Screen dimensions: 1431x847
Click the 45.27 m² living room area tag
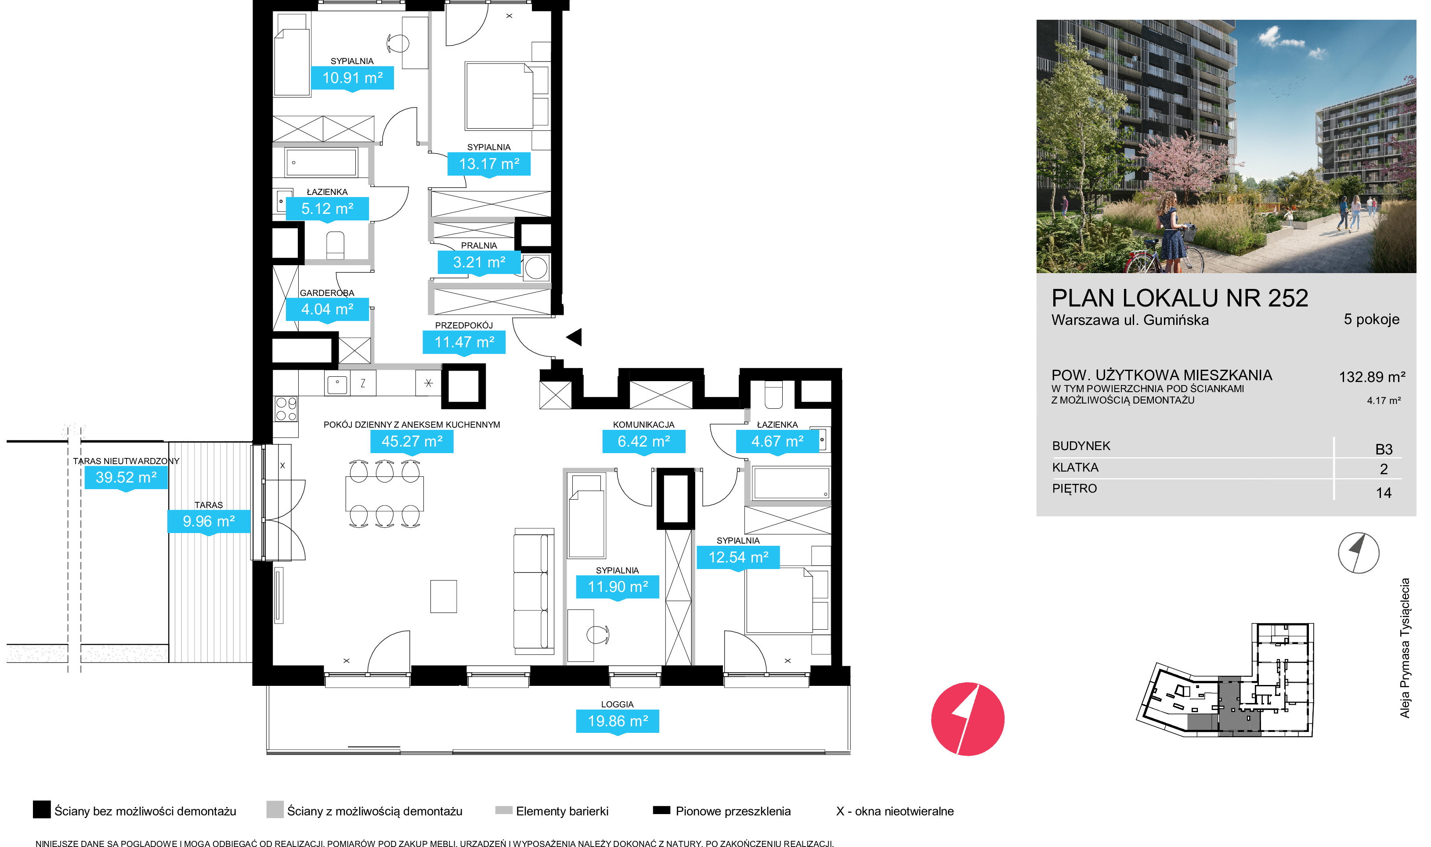point(412,442)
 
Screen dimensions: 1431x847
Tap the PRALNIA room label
point(479,245)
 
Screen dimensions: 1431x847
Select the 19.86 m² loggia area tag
point(618,721)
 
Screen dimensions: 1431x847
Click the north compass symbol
point(1358,552)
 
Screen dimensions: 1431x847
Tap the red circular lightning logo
point(968,719)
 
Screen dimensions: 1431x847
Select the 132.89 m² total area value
point(1372,377)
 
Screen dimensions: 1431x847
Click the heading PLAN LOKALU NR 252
point(1179,298)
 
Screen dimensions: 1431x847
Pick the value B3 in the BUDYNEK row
point(1384,449)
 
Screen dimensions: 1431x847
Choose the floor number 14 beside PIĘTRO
point(1383,493)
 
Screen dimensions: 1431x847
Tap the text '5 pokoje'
point(1371,319)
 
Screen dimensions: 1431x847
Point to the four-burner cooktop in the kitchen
point(286,409)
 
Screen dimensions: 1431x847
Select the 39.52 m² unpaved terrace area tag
point(126,478)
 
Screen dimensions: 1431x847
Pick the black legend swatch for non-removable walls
point(42,809)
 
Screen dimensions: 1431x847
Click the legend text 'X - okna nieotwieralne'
point(894,811)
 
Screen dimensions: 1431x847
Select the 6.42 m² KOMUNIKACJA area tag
point(644,442)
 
